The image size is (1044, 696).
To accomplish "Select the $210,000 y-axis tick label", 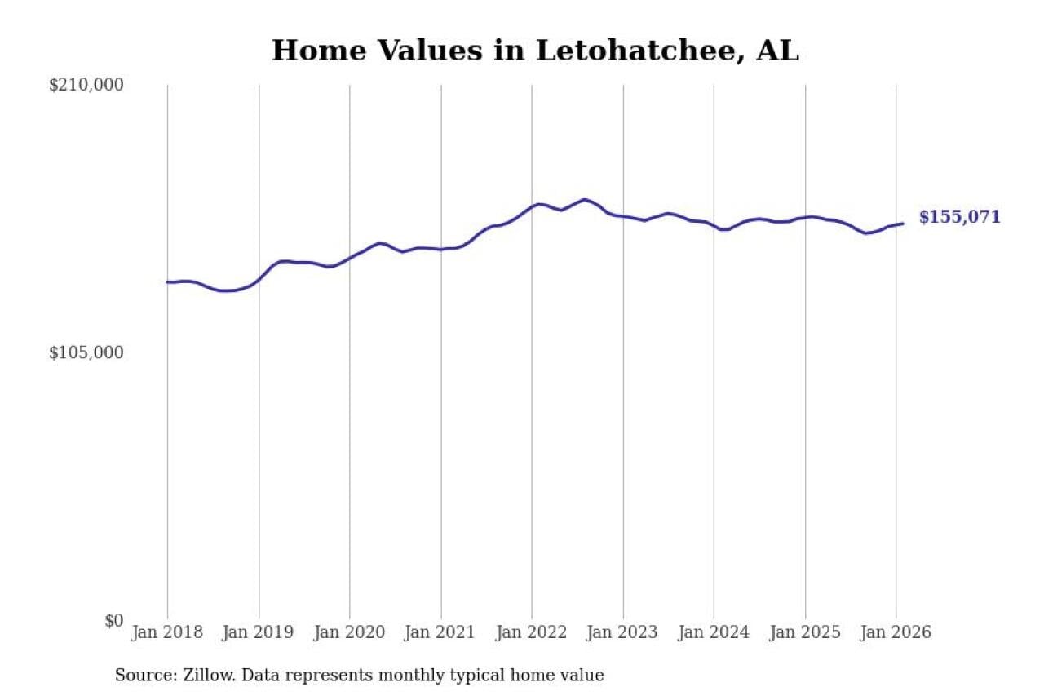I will tap(86, 85).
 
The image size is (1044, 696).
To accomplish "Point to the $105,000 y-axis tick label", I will tap(86, 352).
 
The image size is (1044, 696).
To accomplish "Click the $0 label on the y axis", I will tap(113, 620).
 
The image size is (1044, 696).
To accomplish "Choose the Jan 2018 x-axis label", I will tap(167, 633).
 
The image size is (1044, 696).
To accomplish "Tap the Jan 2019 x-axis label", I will tap(259, 633).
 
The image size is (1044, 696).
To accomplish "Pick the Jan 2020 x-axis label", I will tap(350, 633).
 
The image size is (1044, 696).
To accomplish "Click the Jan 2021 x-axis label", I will tap(441, 633).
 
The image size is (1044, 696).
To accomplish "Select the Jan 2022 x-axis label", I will tap(532, 633).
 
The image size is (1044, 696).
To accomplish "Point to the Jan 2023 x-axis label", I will tap(623, 633).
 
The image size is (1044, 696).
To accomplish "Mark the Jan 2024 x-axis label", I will tap(714, 633).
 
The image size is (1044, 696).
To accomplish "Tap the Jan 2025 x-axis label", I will tap(806, 633).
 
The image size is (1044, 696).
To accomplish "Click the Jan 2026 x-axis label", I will tap(896, 633).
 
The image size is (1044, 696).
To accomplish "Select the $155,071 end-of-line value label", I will tap(959, 217).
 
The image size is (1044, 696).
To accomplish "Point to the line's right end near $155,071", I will tap(902, 224).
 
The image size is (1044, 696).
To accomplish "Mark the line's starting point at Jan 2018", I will tap(168, 282).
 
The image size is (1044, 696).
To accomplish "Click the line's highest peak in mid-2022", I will tap(584, 199).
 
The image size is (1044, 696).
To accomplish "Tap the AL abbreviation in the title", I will tap(777, 51).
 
